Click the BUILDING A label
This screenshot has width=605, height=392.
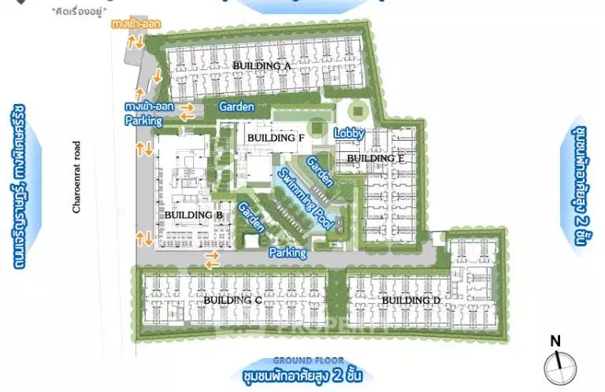262,66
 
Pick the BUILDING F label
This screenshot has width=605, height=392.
275,138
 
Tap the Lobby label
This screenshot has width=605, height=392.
348,133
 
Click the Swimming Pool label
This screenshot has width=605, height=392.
304,197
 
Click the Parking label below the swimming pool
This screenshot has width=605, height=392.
288,253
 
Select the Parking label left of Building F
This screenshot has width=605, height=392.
143,121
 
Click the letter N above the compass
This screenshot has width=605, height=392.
555,341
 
